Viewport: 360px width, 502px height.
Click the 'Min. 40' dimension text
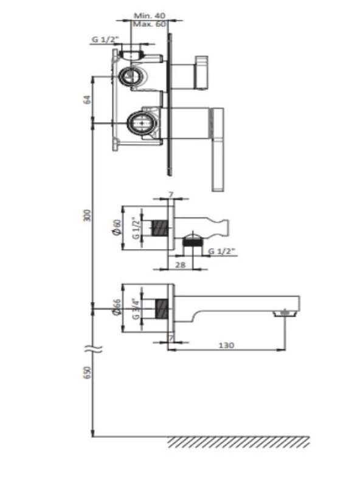(150, 15)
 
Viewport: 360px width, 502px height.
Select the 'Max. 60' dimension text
(150, 24)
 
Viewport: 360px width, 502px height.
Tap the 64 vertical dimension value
(88, 99)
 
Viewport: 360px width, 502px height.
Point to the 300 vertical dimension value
(88, 216)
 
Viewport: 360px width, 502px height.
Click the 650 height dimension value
(88, 373)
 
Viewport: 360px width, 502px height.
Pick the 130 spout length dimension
(226, 345)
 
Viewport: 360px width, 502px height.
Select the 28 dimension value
(181, 265)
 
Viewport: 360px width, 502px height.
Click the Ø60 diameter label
(117, 228)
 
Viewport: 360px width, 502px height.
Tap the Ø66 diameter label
(117, 308)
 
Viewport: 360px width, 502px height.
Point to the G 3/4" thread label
(136, 309)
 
